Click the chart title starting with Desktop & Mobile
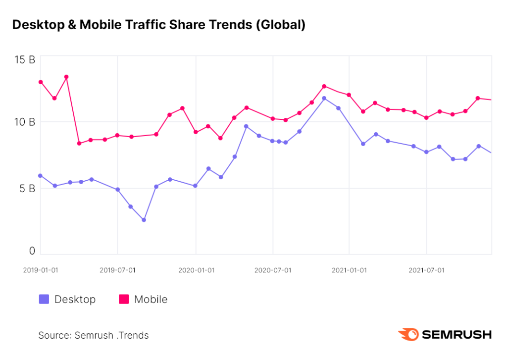(159, 25)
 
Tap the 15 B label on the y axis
(25, 60)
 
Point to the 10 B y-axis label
(25, 122)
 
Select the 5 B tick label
(27, 189)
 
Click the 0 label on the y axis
(32, 251)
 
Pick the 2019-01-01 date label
(41, 270)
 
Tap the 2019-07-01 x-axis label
(117, 270)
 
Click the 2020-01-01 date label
(196, 270)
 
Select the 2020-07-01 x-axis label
(273, 270)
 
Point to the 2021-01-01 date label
(349, 270)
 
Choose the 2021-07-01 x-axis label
(426, 270)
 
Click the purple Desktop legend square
(44, 299)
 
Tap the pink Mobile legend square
(124, 299)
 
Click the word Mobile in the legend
(151, 300)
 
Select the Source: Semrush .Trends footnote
(94, 335)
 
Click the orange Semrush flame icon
(408, 334)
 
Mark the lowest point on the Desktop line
(144, 220)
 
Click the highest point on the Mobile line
(66, 77)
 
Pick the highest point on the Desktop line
(324, 99)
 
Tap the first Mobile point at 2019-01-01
(41, 82)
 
